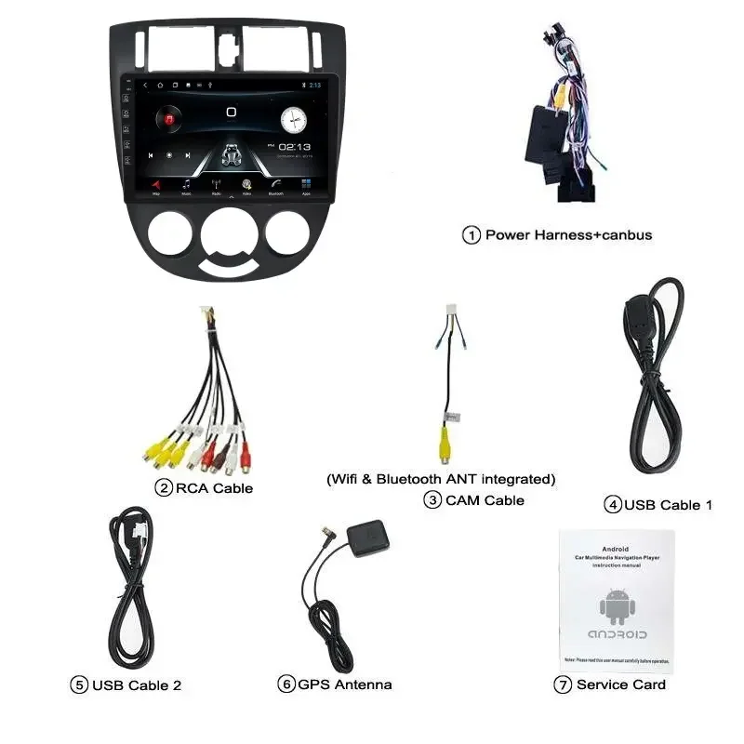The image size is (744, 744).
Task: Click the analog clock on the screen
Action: pos(293,120)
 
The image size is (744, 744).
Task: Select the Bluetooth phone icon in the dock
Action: pos(275,185)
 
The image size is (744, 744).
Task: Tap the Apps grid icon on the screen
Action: pos(305,185)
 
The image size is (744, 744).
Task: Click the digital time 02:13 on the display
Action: pos(294,147)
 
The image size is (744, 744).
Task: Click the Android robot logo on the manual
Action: pos(616,606)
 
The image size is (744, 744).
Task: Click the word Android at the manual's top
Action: pos(616,549)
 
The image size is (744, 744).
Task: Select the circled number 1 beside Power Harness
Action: pos(472,235)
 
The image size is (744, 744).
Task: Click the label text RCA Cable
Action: pos(214,488)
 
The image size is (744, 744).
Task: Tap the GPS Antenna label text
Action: pos(344,684)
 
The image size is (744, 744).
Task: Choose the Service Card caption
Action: pos(620,684)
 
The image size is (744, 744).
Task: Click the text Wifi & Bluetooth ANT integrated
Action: pos(440,479)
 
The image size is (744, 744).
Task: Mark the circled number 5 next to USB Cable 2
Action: pos(79,685)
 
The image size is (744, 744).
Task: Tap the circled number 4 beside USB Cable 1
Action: pos(612,505)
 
